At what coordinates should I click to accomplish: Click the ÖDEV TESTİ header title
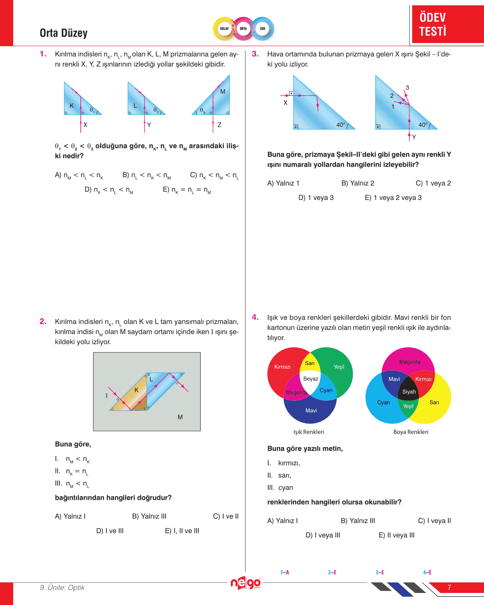[x=432, y=24]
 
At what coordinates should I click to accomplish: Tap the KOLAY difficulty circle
[x=224, y=29]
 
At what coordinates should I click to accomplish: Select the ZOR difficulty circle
[x=262, y=29]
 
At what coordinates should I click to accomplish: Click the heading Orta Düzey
[x=64, y=33]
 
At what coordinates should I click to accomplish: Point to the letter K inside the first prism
[x=72, y=106]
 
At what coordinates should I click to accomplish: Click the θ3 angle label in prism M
[x=202, y=111]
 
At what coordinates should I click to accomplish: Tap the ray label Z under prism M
[x=219, y=125]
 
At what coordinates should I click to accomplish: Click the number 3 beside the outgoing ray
[x=407, y=88]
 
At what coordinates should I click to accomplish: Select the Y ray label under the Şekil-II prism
[x=414, y=137]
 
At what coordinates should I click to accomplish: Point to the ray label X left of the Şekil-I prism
[x=285, y=103]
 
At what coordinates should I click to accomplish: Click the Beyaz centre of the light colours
[x=311, y=379]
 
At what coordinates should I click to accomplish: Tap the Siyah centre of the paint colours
[x=409, y=392]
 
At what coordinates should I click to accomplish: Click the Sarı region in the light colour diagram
[x=310, y=363]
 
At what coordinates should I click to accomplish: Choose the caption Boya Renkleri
[x=411, y=432]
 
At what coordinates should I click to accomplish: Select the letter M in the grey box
[x=180, y=417]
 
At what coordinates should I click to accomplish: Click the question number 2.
[x=43, y=321]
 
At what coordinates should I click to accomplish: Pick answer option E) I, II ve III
[x=182, y=531]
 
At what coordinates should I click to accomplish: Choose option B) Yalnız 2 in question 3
[x=357, y=183]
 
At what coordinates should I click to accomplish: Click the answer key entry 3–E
[x=380, y=572]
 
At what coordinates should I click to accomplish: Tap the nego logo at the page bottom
[x=246, y=583]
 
